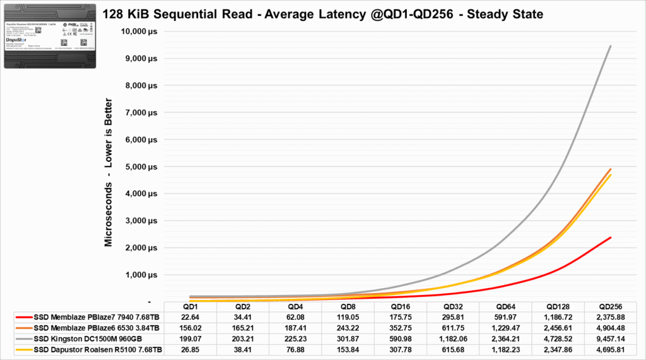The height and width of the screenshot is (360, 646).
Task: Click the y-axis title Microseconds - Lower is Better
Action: point(109,171)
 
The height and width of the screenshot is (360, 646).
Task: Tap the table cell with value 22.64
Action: point(189,317)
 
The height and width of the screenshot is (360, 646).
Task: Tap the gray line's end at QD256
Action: point(610,46)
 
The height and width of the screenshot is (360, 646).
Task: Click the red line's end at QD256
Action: point(610,238)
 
